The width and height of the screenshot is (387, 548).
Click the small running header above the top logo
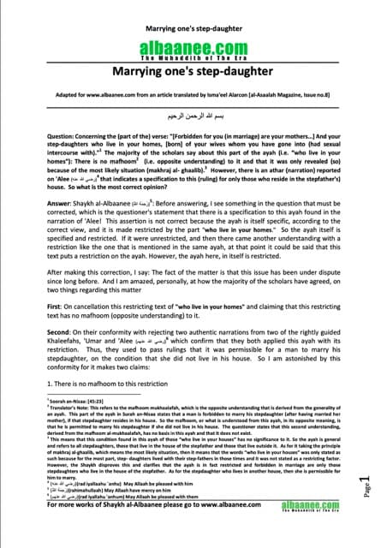click(193, 14)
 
